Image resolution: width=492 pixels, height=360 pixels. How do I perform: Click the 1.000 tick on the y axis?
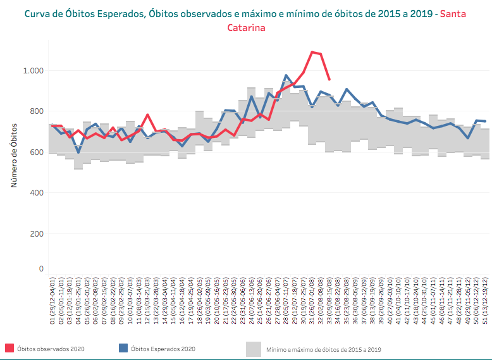pos(33,71)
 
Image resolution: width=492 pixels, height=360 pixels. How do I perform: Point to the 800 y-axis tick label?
pos(36,112)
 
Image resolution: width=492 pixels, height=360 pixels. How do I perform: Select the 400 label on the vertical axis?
pos(36,193)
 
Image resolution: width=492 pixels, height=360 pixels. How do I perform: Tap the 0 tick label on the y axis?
pos(41,269)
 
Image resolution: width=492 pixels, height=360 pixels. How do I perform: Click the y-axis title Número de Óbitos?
pos(13,156)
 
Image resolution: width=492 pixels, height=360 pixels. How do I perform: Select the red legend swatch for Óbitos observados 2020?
pos(9,348)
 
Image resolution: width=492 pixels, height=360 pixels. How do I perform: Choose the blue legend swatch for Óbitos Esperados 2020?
pos(124,348)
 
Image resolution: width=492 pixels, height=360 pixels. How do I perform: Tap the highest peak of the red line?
pos(312,52)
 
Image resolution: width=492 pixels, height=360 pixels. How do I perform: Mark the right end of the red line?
pos(329,80)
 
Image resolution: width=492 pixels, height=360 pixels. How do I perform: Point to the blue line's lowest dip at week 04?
pos(78,152)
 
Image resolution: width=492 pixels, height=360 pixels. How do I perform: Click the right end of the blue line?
pos(485,121)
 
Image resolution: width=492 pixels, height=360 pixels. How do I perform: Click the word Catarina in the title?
pos(246,28)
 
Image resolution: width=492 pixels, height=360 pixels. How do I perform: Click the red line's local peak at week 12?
pos(147,115)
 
